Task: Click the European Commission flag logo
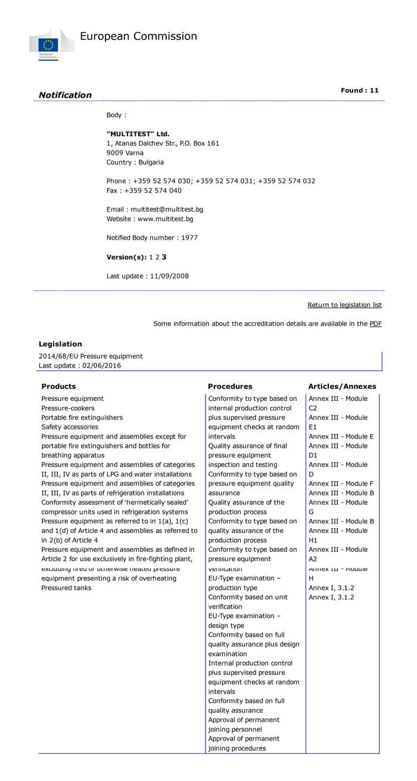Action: click(48, 45)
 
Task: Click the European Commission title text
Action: click(138, 36)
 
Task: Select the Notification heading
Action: click(65, 95)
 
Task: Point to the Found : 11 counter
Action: click(359, 90)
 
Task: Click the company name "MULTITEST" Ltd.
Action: click(138, 134)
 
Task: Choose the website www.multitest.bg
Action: click(165, 219)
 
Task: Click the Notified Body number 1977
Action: click(189, 238)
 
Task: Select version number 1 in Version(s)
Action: click(151, 257)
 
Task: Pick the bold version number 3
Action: click(164, 257)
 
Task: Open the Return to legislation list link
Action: click(344, 305)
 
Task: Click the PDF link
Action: click(375, 324)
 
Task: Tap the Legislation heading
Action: click(60, 344)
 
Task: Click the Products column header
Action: click(58, 387)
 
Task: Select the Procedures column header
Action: click(230, 387)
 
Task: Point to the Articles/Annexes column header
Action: click(342, 387)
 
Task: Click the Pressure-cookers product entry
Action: click(68, 408)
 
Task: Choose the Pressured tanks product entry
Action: click(66, 588)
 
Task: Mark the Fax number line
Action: click(144, 190)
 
